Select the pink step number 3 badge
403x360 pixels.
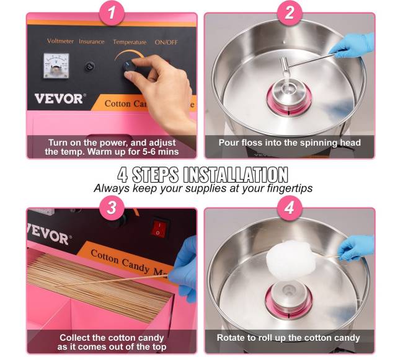tap(112, 208)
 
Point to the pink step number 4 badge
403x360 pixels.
tap(290, 208)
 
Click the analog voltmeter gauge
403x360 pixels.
tap(56, 66)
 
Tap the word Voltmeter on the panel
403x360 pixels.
tap(60, 41)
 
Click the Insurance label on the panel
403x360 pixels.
tap(92, 42)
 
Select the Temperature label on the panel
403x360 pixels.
tap(130, 42)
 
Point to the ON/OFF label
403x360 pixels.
tap(166, 42)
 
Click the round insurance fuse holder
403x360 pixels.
tap(89, 66)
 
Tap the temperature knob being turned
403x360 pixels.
tap(130, 66)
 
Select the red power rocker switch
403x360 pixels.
tap(159, 227)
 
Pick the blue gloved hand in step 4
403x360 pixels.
tap(356, 247)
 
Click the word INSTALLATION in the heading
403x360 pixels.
tap(236, 175)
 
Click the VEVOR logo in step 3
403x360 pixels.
tap(48, 234)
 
